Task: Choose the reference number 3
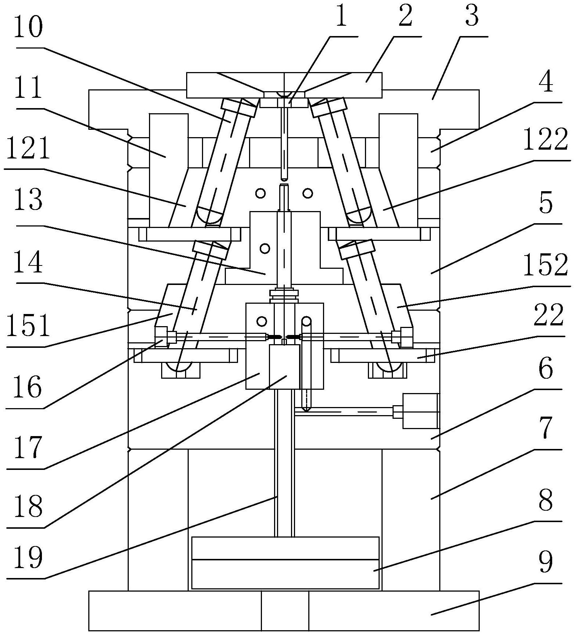click(x=472, y=17)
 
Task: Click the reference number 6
click(x=545, y=370)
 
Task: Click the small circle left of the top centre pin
click(x=261, y=193)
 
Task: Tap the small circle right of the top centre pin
click(x=308, y=193)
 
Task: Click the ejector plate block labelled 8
click(x=285, y=574)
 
